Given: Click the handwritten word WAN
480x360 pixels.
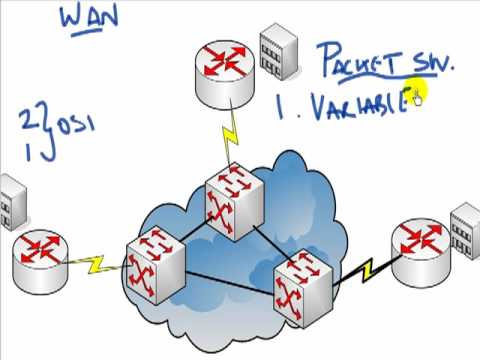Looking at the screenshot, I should (x=91, y=17).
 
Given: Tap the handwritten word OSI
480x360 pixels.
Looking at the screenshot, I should (x=67, y=126).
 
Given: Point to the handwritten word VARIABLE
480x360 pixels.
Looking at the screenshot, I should (x=351, y=105).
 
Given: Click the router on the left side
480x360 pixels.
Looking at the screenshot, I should (x=42, y=256).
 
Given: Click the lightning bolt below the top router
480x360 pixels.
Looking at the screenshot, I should (x=232, y=132).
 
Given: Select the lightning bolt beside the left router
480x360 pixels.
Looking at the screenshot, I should (x=97, y=263).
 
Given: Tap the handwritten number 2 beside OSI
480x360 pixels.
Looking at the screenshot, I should (x=25, y=122).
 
